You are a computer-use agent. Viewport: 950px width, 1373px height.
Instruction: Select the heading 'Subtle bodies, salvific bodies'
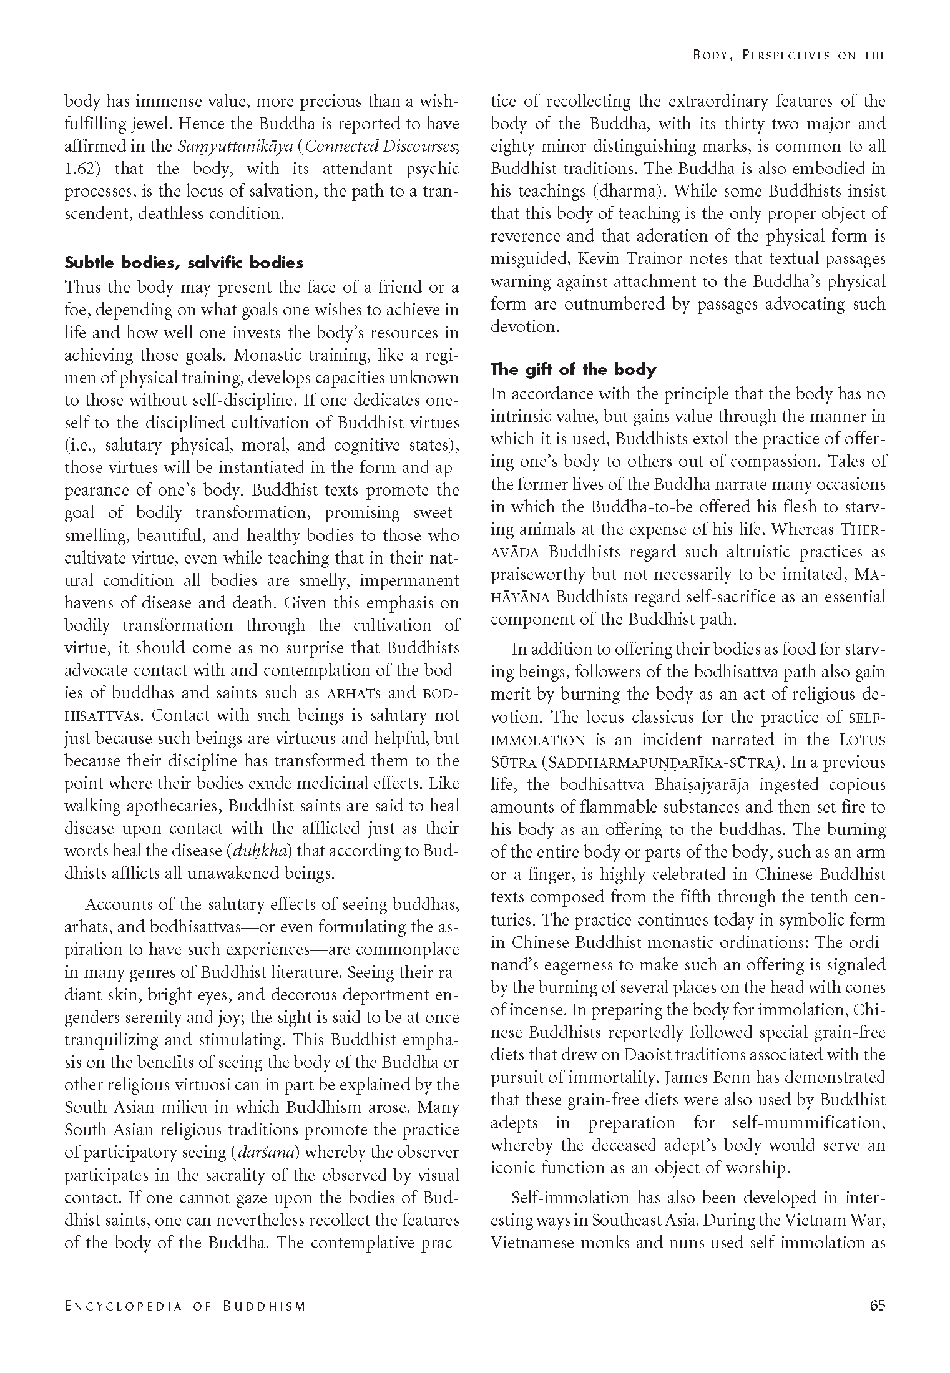pos(184,263)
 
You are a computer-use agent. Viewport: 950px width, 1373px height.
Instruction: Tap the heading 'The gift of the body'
pos(573,369)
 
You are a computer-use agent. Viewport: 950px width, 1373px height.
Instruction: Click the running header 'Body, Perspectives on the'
pos(789,55)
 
